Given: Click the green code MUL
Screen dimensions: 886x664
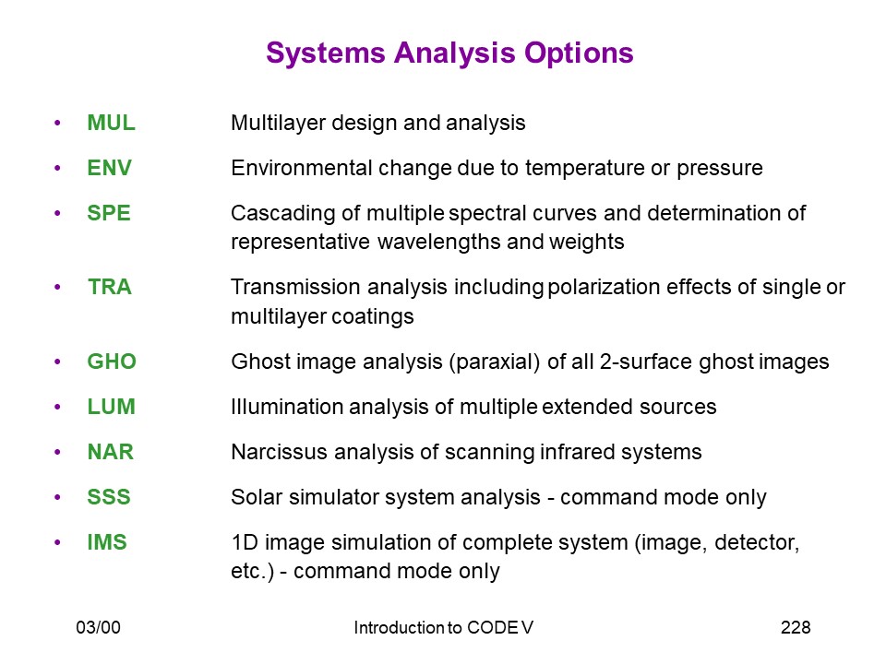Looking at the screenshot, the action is pos(112,123).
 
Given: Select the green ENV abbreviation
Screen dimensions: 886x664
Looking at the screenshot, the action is pos(109,168).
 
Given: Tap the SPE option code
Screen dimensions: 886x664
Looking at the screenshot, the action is pos(109,213).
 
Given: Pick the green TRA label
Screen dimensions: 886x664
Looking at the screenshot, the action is pos(110,287).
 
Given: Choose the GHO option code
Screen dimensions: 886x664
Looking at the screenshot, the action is pos(112,362).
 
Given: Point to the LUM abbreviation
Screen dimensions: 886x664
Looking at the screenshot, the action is pos(112,407).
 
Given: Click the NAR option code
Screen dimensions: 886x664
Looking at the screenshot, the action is pos(110,452).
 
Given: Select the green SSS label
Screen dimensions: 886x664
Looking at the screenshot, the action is pos(109,497).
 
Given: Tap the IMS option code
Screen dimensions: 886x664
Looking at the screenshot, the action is pos(107,542).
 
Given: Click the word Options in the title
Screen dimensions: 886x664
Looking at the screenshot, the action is pos(579,53).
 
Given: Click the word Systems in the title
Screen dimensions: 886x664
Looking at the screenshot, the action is pos(326,53).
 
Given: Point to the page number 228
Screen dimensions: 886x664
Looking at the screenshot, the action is pos(796,627).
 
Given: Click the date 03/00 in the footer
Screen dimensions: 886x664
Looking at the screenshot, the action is pos(99,627).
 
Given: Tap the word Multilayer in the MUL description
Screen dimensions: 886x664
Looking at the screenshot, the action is pos(279,123).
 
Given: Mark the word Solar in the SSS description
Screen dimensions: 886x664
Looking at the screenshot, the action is pos(256,497).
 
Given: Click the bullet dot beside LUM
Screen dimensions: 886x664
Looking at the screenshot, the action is pos(57,407).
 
